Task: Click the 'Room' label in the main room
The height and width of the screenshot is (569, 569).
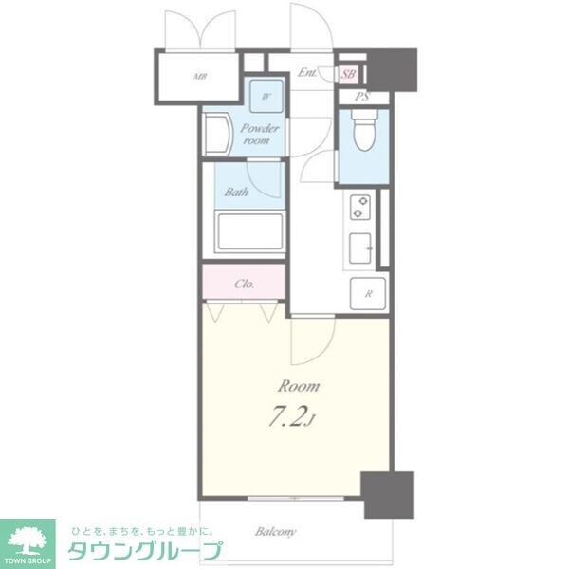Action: coord(298,386)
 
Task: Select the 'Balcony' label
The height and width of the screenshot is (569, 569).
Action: coord(276,531)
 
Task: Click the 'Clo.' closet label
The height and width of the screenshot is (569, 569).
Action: coord(244,283)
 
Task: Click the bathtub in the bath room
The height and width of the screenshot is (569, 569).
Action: coord(248,231)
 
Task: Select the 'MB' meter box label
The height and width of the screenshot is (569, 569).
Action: coord(200,77)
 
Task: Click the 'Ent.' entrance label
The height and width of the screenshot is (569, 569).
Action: coord(307,72)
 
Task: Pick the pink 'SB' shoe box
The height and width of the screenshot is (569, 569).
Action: coord(348,74)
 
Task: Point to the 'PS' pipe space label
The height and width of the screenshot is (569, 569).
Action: coord(361,97)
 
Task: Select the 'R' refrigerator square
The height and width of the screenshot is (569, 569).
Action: coord(367,293)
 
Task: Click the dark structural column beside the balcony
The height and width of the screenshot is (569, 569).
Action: coord(390,493)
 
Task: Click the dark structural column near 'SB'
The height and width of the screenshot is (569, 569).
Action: coord(392,67)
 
